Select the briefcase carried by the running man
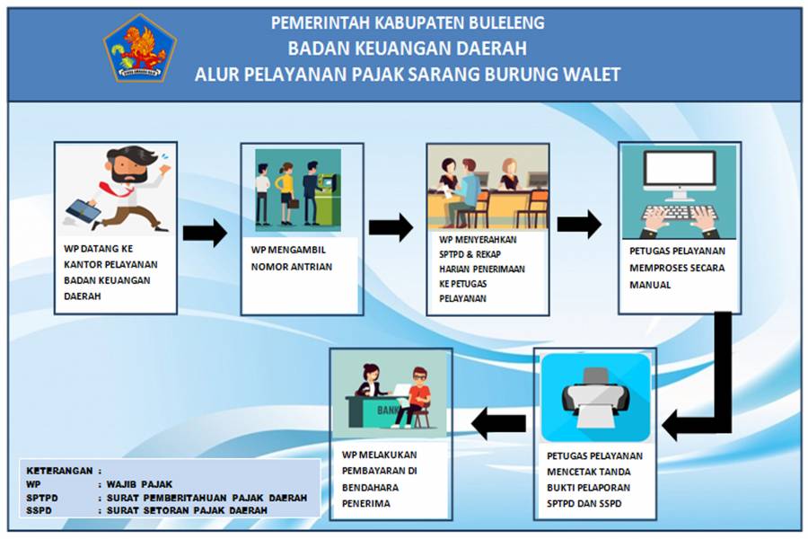82,209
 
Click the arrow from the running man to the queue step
205,233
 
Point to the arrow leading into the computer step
579,224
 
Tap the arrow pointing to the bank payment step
499,422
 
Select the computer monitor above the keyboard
679,173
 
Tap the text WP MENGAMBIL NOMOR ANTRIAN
292,259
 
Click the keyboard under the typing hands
679,216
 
